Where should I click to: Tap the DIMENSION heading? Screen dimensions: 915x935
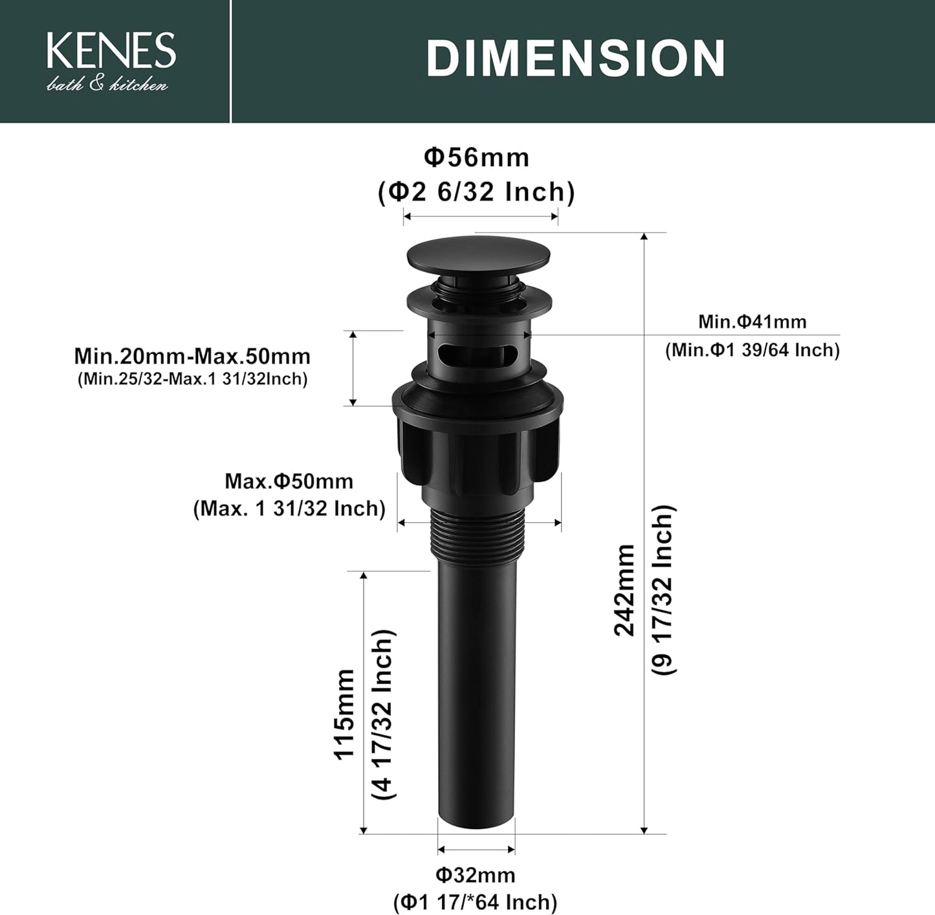tap(575, 58)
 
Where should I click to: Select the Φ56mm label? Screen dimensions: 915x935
tap(476, 157)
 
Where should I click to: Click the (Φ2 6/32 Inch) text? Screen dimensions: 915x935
tap(476, 192)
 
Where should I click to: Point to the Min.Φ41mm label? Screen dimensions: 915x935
tap(752, 321)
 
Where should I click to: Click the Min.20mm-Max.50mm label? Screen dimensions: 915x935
tap(192, 356)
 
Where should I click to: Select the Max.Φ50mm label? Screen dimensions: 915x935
tap(289, 481)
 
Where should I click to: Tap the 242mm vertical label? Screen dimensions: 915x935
tap(625, 590)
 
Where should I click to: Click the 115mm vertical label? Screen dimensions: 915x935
tap(344, 713)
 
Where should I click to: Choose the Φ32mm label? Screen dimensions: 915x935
tap(475, 875)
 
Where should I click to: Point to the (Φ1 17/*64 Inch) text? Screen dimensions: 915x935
tap(475, 901)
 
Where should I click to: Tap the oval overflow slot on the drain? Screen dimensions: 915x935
tap(478, 355)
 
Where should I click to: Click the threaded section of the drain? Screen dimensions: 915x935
tap(478, 531)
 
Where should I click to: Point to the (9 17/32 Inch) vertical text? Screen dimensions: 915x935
tap(663, 590)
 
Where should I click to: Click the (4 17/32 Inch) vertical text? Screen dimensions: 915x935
tap(383, 713)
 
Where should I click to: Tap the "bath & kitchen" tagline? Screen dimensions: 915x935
tap(107, 85)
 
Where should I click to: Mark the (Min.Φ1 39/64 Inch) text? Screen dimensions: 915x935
tap(752, 350)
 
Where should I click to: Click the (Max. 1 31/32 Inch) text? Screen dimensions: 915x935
tap(289, 509)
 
